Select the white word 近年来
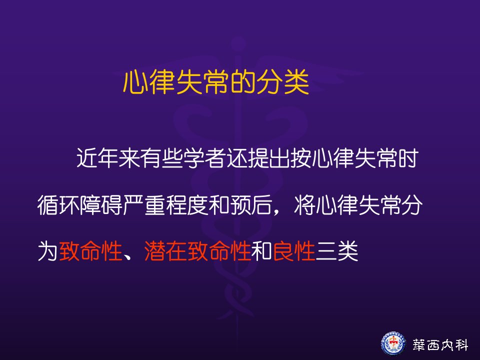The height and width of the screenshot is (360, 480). [x=107, y=158]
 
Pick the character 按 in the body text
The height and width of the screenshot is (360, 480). [x=301, y=158]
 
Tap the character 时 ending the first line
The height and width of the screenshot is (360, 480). [x=408, y=158]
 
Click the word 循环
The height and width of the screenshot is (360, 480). [x=58, y=204]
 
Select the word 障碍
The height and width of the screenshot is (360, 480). [x=101, y=204]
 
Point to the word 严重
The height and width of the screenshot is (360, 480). [x=144, y=204]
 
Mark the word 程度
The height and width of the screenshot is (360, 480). [x=187, y=204]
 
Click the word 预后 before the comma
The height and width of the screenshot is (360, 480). [x=251, y=204]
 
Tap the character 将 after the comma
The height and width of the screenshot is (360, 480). [x=304, y=204]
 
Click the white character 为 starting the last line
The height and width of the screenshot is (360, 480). [x=48, y=251]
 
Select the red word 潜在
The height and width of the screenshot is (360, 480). [x=165, y=251]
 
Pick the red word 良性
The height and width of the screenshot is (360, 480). [x=294, y=251]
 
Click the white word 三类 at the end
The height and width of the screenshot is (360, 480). [x=337, y=251]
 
